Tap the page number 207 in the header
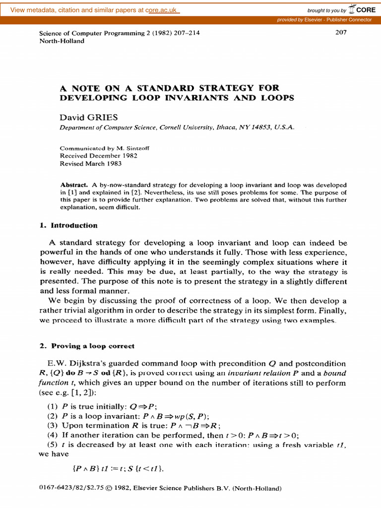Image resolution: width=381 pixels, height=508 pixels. point(341,33)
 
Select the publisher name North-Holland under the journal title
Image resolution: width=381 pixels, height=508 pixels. point(62,41)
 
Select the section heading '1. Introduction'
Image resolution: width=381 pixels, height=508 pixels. point(68,225)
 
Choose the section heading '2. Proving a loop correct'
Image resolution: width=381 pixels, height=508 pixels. point(87,346)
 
